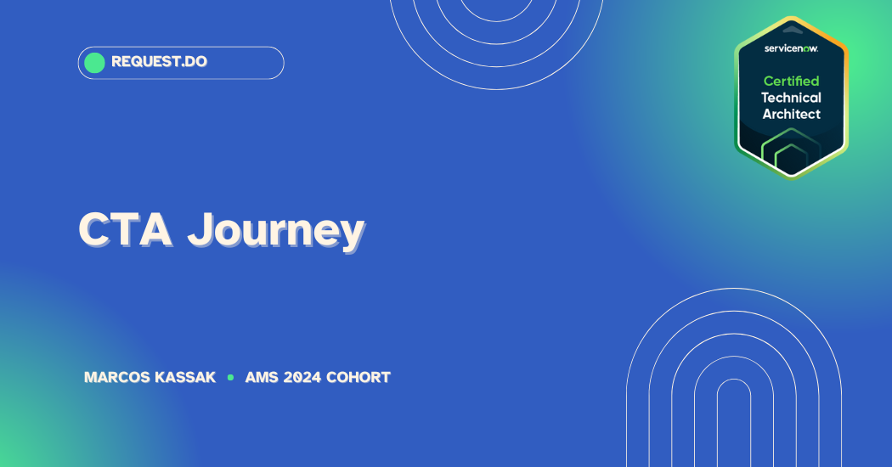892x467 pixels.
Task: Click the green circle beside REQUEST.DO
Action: (94, 63)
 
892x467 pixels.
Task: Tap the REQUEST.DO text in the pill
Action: (160, 61)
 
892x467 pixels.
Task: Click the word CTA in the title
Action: (125, 230)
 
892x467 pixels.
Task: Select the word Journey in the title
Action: (276, 232)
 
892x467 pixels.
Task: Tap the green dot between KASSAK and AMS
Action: (230, 377)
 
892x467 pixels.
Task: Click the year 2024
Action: (302, 377)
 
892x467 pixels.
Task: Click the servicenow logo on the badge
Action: (791, 48)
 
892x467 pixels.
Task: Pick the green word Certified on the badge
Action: (791, 81)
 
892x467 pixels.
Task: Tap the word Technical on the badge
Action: (791, 98)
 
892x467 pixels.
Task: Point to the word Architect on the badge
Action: (791, 114)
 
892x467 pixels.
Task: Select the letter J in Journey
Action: (200, 230)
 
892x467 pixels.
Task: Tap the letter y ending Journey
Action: (349, 237)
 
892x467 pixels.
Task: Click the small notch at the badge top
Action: (792, 29)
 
